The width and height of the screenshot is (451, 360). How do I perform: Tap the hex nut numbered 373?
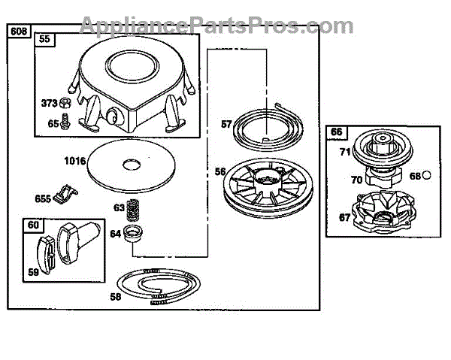65,103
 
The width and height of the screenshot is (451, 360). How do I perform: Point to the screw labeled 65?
65,123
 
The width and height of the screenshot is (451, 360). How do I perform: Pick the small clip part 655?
66,198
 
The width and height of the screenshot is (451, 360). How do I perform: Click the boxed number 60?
32,225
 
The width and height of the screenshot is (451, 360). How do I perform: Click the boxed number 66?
337,132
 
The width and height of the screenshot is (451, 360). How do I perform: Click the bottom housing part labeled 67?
385,214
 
